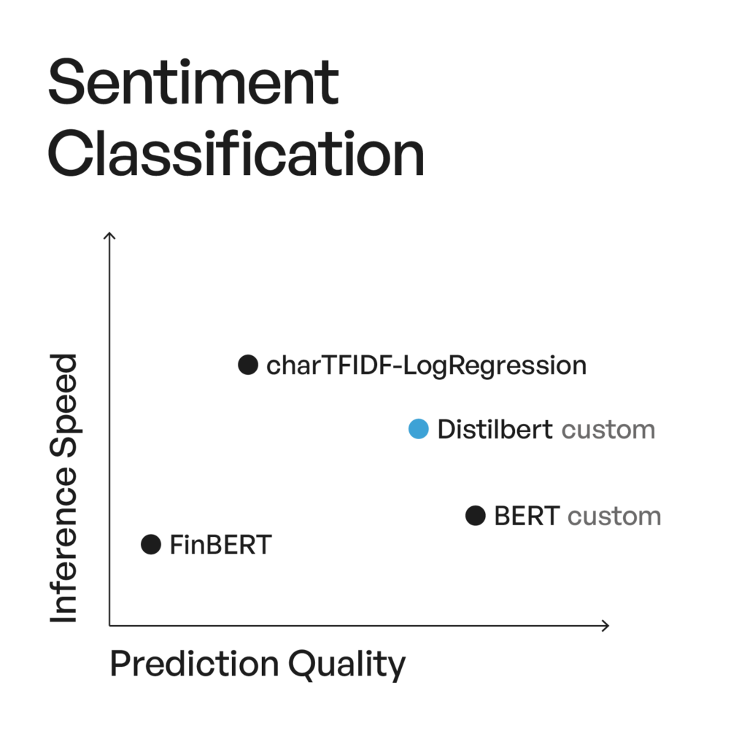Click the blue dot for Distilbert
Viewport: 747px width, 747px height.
(419, 430)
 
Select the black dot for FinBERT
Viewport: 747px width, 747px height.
(150, 544)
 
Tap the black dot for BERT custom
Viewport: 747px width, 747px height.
(476, 516)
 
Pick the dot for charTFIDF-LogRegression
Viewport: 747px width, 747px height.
(248, 364)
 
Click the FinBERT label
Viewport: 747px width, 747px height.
(220, 544)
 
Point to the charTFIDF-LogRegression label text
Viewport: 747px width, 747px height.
(426, 365)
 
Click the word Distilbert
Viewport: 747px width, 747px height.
(495, 430)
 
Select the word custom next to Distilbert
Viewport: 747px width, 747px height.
(608, 430)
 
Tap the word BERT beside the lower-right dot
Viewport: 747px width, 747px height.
(527, 516)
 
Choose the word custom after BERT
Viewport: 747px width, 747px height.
(614, 516)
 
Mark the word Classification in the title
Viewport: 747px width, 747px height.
(236, 155)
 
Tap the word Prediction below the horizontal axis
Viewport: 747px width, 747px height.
(194, 665)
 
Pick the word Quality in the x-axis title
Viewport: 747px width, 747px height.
(347, 665)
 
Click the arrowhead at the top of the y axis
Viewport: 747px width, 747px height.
(109, 235)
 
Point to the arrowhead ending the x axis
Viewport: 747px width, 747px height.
(605, 625)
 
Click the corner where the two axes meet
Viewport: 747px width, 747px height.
(109, 625)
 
